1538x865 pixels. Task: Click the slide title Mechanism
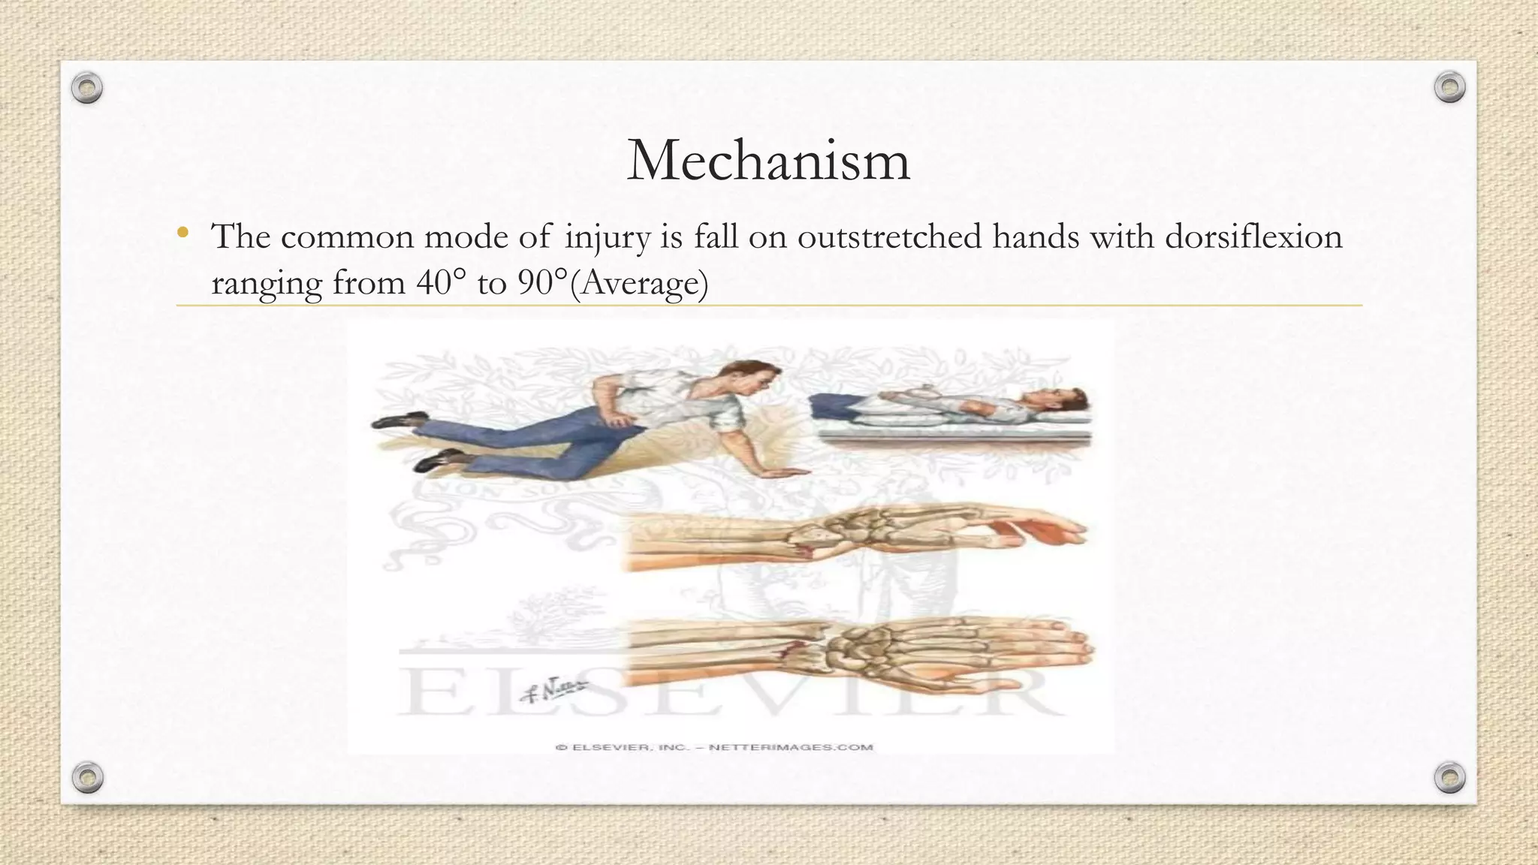coord(768,160)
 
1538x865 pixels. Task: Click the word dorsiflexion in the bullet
coord(1253,237)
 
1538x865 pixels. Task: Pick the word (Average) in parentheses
coord(639,283)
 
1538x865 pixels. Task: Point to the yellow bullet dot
coord(182,234)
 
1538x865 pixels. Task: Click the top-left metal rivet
coord(87,89)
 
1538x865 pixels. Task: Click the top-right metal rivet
coord(1449,88)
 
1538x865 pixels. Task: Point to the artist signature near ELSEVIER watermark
coord(554,689)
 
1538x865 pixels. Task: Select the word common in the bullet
coord(347,237)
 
